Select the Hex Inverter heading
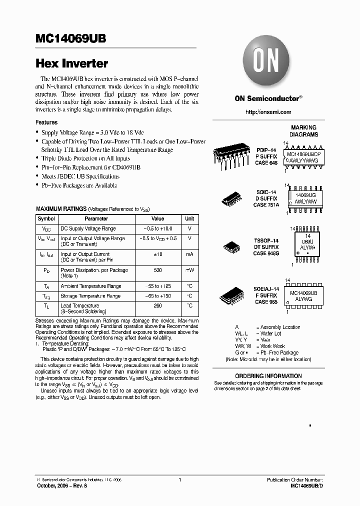pos(71,64)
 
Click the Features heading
pos(46,122)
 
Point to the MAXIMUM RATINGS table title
pos(61,209)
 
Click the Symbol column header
pos(46,219)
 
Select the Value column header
pos(157,219)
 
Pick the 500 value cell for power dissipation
pos(157,270)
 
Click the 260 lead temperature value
pos(157,305)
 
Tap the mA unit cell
pos(189,254)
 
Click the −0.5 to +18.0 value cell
pos(157,228)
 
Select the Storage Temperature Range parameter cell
pos(90,296)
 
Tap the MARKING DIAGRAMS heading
pos(303,131)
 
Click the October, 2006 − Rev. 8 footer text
pos(58,485)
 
